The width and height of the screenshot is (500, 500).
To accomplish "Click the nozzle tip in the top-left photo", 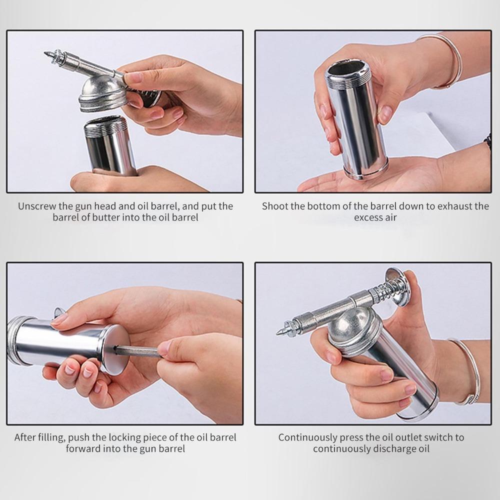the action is point(45,53).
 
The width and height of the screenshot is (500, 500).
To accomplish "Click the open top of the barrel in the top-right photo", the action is point(348,69).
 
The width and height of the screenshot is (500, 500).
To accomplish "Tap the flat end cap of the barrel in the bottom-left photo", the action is point(115,349).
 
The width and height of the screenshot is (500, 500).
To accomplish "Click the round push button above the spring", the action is point(397,286).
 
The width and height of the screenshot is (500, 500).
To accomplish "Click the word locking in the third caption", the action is point(125,437).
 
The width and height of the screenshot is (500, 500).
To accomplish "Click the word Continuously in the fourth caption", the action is point(307,437).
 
